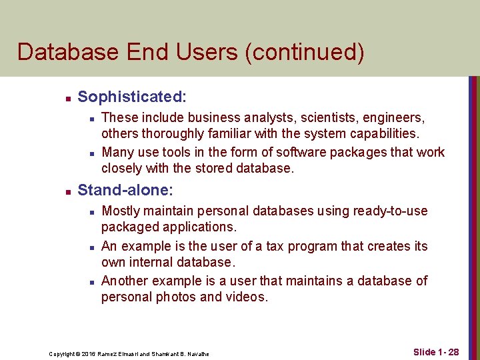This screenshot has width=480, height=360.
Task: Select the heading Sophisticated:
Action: [132, 97]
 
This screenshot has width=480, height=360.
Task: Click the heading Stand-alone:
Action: [125, 191]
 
